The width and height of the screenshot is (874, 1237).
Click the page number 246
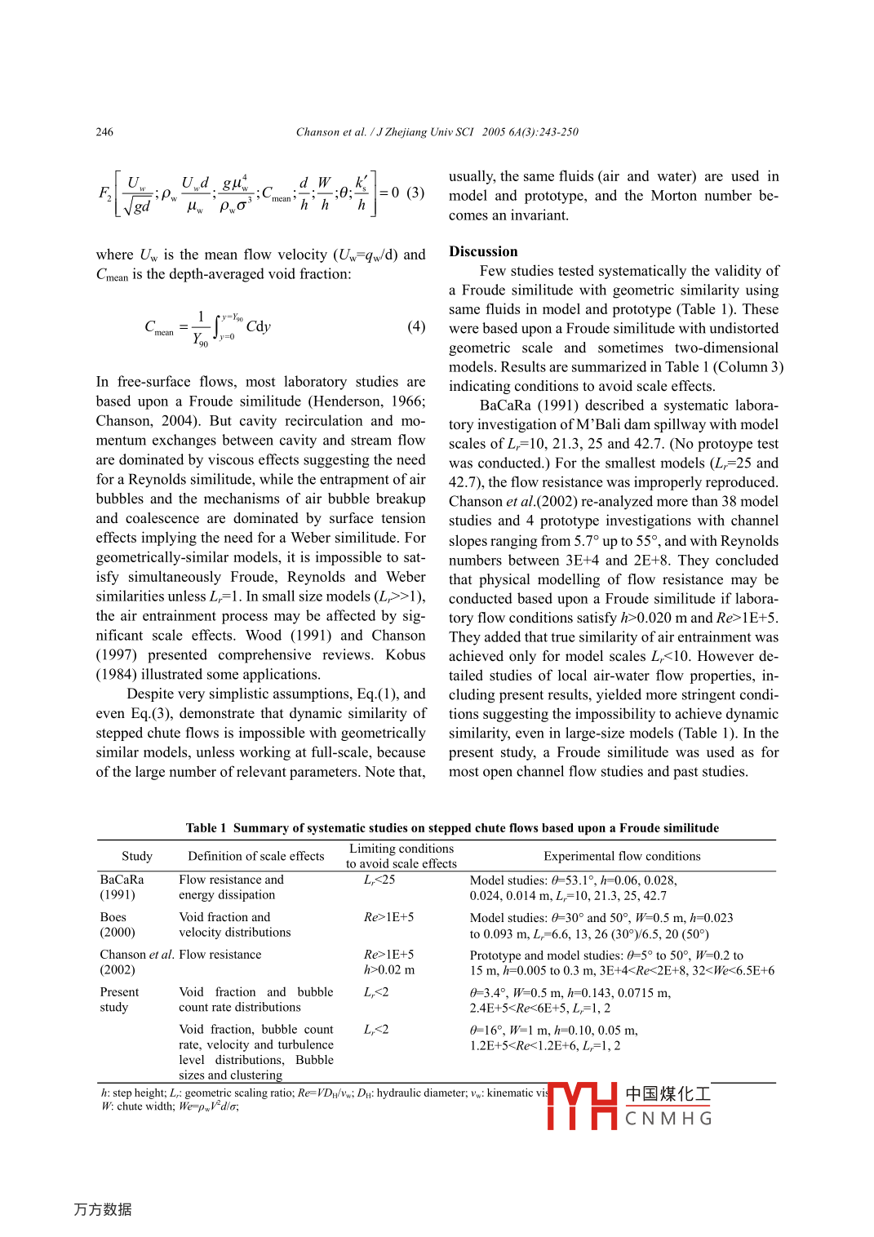pyautogui.click(x=104, y=132)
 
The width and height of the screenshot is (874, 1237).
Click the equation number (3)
pyautogui.click(x=415, y=193)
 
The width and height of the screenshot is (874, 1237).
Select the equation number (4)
pyautogui.click(x=416, y=326)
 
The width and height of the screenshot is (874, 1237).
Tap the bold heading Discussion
pyautogui.click(x=483, y=251)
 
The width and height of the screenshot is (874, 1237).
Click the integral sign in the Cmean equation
pyautogui.click(x=217, y=327)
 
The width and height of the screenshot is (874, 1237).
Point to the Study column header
pyautogui.click(x=137, y=856)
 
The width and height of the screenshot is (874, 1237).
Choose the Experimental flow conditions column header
pyautogui.click(x=622, y=856)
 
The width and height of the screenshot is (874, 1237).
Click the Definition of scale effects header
pyautogui.click(x=255, y=856)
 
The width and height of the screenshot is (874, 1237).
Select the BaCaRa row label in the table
pyautogui.click(x=122, y=880)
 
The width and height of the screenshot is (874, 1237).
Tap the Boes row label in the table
pyautogui.click(x=113, y=917)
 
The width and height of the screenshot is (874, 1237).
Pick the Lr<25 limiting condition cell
pyautogui.click(x=379, y=880)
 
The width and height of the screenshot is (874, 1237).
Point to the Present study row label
pyautogui.click(x=119, y=1000)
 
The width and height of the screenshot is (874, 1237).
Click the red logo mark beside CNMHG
pyautogui.click(x=582, y=1106)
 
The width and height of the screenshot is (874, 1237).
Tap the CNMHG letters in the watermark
pyautogui.click(x=668, y=1119)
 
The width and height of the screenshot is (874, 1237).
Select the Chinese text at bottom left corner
pyautogui.click(x=103, y=1209)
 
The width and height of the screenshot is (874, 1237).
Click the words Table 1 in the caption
pyautogui.click(x=206, y=828)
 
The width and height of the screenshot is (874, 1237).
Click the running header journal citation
pyautogui.click(x=437, y=132)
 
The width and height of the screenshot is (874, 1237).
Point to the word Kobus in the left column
pyautogui.click(x=406, y=655)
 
